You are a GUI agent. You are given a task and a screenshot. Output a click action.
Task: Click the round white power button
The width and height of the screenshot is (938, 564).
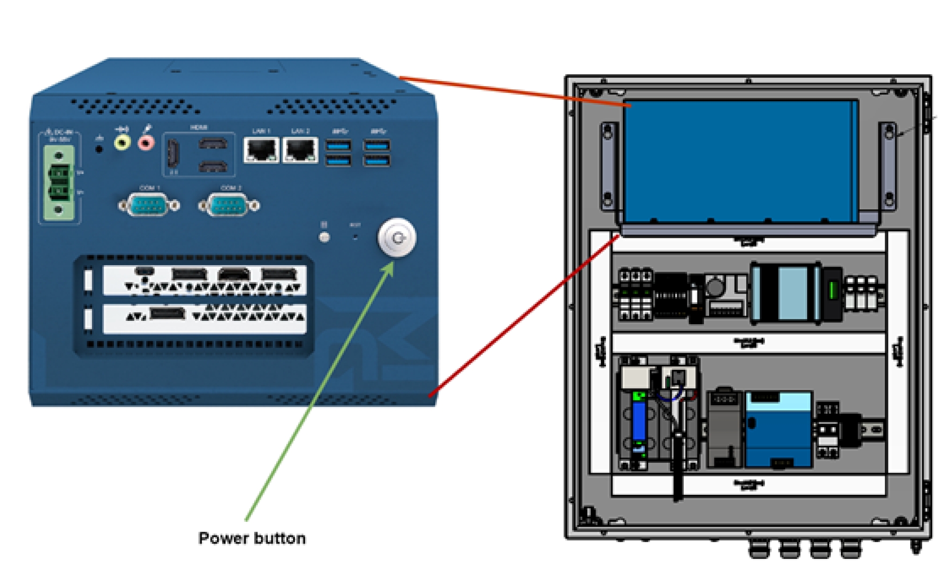point(397,237)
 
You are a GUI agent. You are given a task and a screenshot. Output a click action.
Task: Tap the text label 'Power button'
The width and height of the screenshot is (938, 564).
point(252,538)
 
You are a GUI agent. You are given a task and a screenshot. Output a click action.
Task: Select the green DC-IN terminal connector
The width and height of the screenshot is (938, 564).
point(59,183)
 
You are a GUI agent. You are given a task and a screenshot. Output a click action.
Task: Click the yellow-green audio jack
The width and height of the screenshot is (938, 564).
point(122,141)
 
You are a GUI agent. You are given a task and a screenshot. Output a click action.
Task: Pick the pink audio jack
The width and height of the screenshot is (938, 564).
point(146,141)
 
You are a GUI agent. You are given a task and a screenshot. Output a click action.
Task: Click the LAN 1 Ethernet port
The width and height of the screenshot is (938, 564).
point(261,150)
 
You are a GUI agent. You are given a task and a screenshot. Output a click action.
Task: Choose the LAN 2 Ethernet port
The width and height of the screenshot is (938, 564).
point(300,150)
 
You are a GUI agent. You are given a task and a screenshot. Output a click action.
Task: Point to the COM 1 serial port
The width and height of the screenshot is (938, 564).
point(149,205)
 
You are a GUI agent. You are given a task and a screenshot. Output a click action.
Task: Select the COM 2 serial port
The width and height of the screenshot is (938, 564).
point(229,205)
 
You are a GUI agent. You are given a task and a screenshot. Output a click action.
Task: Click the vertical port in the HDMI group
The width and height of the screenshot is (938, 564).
point(173,153)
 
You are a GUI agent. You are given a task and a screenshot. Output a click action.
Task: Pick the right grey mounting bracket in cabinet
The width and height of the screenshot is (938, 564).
point(887,166)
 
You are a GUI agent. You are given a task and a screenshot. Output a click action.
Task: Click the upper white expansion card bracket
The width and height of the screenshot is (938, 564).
point(204,280)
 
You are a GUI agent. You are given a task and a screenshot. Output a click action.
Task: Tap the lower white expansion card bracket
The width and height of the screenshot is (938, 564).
point(204,319)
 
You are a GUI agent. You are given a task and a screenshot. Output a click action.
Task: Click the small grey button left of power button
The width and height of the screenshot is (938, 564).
point(324,237)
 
